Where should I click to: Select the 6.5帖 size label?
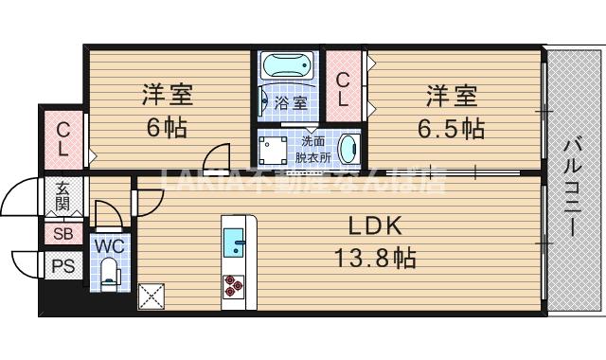[x=453, y=128]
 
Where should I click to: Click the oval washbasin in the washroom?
[x=348, y=149]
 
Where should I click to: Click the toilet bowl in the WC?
[x=109, y=276]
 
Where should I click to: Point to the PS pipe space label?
[x=63, y=265]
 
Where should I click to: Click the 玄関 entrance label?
[x=62, y=196]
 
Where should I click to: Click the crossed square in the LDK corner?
[x=151, y=297]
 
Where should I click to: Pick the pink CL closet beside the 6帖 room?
[x=62, y=139]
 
